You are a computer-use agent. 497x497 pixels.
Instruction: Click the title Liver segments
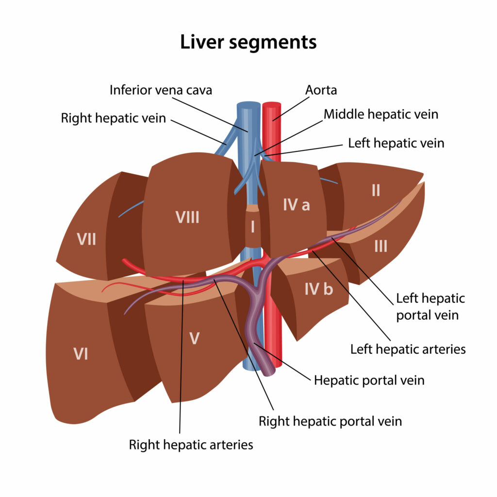(248, 42)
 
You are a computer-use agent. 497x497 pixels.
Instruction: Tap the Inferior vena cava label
(161, 90)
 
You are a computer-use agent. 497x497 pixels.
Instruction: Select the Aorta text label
(321, 90)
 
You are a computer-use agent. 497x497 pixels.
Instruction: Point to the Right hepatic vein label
(113, 118)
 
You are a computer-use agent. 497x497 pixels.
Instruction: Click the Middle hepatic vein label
(381, 115)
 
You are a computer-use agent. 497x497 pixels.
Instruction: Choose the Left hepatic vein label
(396, 143)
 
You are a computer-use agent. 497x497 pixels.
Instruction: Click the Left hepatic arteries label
(408, 348)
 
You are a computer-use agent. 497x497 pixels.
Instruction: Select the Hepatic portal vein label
(369, 380)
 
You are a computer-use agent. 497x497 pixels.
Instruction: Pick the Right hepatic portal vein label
(330, 420)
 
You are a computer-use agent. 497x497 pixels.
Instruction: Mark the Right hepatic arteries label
(191, 444)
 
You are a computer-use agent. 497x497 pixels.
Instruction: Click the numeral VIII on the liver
(187, 217)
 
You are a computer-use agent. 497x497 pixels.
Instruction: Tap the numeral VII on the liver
(86, 239)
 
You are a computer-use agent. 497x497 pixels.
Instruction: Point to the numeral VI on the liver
(81, 354)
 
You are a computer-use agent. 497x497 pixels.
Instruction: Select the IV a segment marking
(296, 205)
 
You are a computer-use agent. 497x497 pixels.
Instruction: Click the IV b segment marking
(318, 290)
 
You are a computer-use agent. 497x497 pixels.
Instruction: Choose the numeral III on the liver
(381, 247)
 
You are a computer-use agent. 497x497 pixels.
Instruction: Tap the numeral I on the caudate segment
(252, 226)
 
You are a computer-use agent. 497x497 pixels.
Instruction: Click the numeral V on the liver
(194, 338)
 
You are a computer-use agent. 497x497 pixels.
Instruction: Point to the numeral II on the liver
(376, 191)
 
